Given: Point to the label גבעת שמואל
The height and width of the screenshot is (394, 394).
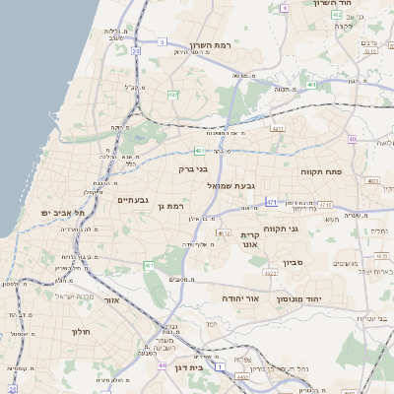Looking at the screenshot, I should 232,185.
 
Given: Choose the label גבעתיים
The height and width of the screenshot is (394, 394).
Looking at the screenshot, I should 132,200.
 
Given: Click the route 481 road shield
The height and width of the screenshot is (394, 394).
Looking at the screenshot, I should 199,151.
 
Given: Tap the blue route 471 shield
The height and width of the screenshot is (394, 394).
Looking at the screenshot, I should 271,203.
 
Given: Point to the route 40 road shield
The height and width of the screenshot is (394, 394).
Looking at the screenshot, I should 380,140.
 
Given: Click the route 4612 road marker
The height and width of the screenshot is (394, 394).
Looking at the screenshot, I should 224,233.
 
